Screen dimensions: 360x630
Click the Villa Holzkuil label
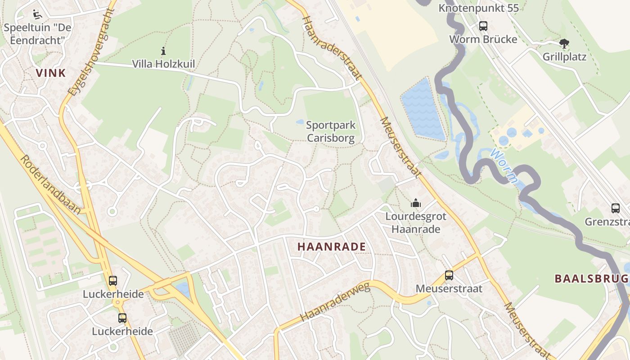point(163,64)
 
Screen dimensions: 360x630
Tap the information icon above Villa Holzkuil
point(163,51)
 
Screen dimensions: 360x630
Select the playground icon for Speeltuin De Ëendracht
point(37,14)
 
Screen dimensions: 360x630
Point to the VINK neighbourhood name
point(50,73)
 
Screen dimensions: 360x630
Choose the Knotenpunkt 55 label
point(478,8)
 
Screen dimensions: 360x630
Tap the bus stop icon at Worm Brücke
point(483,26)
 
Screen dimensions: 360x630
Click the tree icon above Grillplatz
point(564,44)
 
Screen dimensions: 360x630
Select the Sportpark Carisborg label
point(330,131)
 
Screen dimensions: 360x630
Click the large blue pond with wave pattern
point(423,109)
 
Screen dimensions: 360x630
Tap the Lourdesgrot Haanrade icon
point(416,203)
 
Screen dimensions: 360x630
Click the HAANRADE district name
point(331,247)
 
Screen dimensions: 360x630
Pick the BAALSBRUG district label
point(591,279)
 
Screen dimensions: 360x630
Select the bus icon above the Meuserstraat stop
point(449,275)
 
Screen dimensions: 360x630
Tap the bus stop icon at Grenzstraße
point(616,208)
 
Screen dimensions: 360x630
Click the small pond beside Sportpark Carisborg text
point(300,122)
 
